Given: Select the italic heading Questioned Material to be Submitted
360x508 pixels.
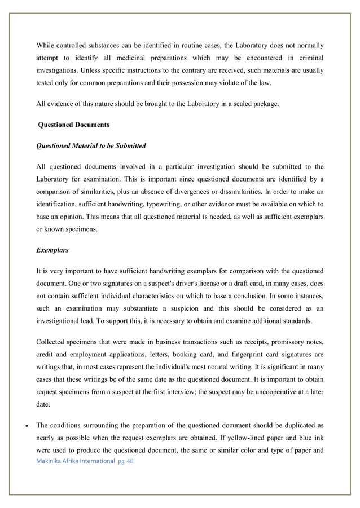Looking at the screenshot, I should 91,145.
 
